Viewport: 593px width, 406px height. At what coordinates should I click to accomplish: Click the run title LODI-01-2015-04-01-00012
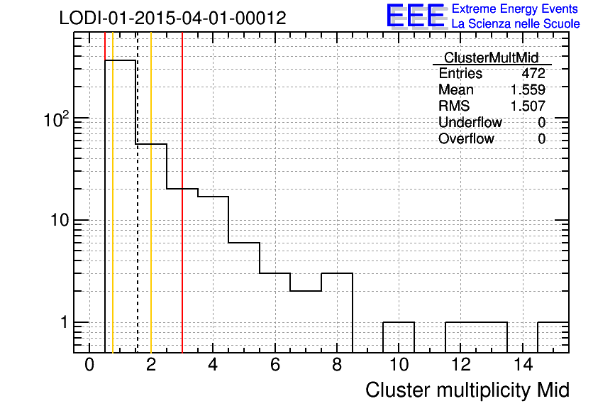[172, 18]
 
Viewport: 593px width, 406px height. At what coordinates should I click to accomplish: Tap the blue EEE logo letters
[416, 16]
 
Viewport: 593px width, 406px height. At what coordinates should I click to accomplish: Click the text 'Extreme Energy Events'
[515, 9]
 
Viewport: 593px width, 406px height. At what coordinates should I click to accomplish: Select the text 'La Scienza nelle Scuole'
[516, 24]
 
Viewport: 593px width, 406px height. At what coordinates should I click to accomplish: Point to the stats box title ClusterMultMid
[491, 58]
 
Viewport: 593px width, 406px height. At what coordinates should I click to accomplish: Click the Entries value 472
[533, 73]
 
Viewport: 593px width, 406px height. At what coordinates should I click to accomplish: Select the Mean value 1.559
[528, 89]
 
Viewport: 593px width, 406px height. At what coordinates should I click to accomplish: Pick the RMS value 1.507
[528, 106]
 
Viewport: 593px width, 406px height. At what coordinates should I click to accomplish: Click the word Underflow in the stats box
[470, 122]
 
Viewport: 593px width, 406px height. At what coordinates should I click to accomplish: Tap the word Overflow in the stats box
[466, 138]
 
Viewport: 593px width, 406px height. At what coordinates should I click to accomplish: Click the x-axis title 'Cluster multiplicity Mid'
[467, 390]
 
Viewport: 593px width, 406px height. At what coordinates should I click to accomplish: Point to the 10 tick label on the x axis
[399, 365]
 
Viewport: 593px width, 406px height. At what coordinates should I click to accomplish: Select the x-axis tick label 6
[275, 365]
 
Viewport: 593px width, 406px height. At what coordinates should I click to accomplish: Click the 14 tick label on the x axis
[523, 365]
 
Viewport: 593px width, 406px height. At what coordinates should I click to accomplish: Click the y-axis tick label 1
[64, 322]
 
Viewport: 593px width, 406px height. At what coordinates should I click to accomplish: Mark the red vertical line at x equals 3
[182, 192]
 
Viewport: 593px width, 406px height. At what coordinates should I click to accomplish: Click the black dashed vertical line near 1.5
[138, 192]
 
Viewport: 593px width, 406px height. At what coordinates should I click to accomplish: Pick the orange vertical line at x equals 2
[151, 192]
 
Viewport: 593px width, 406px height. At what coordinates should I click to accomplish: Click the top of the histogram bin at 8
[337, 273]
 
